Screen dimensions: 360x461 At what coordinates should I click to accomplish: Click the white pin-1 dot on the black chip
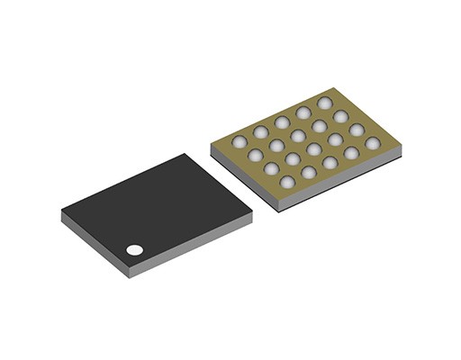pyautogui.click(x=134, y=250)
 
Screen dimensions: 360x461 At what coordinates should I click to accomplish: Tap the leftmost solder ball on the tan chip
pyautogui.click(x=240, y=141)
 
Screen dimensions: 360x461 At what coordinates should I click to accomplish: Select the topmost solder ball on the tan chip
pyautogui.click(x=324, y=103)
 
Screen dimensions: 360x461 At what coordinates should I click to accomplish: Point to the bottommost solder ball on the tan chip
pyautogui.click(x=287, y=183)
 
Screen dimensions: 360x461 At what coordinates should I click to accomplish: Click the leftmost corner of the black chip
pyautogui.click(x=62, y=212)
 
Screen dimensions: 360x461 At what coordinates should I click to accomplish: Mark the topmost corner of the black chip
pyautogui.click(x=186, y=154)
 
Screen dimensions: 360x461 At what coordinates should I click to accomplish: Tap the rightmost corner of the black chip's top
pyautogui.click(x=252, y=211)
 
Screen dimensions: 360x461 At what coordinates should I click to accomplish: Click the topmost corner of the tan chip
pyautogui.click(x=334, y=88)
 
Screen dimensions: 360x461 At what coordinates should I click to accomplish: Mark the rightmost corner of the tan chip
pyautogui.click(x=400, y=144)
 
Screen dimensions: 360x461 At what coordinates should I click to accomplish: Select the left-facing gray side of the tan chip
pyautogui.click(x=244, y=176)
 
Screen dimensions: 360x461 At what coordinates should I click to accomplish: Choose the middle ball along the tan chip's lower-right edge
pyautogui.click(x=330, y=163)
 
